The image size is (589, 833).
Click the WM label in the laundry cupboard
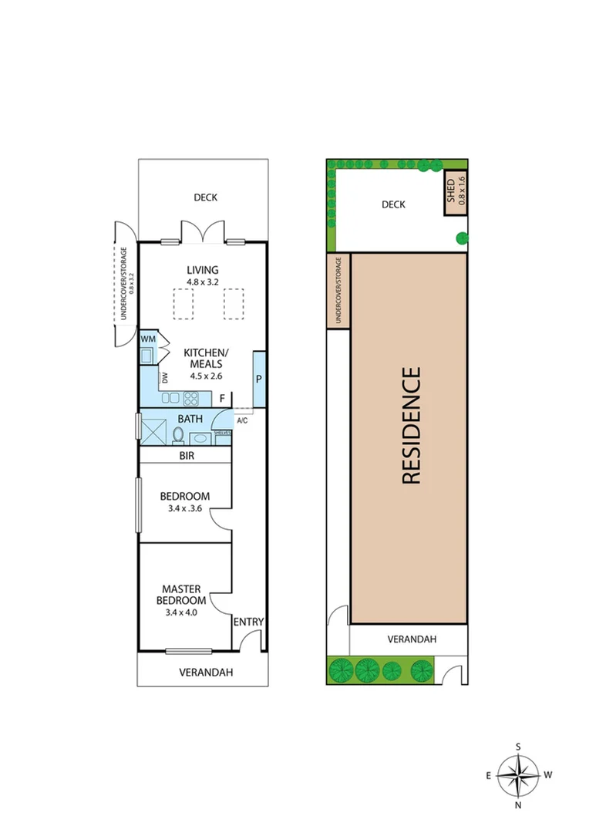148,339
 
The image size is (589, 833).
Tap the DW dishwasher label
165,378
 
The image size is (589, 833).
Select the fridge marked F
223,399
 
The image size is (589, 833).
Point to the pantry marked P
259,379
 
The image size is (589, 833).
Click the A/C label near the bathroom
242,421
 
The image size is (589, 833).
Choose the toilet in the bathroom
178,435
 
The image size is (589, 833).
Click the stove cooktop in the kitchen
190,399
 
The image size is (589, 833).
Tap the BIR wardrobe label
187,456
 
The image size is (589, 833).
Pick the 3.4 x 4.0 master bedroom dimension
181,612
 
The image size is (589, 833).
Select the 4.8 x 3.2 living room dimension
202,282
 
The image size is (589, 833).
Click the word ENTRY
248,622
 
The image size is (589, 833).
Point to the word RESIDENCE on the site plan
412,426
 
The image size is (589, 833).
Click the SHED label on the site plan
451,191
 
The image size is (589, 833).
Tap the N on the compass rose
518,804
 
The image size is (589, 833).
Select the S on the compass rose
518,747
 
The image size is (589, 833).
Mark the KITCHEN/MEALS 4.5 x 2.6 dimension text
206,376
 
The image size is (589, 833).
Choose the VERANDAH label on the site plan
412,639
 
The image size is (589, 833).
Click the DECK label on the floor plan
206,197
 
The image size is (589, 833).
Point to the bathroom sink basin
200,439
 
